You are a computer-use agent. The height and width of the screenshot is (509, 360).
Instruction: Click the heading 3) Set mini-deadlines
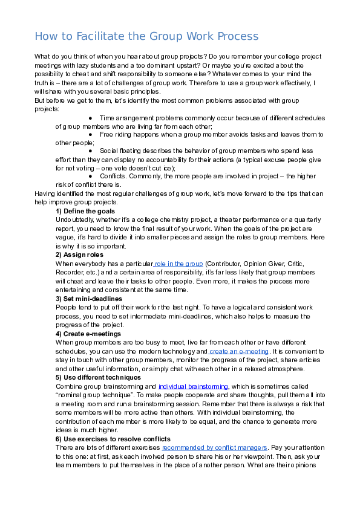[89, 299]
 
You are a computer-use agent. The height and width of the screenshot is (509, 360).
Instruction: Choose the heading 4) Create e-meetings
[88, 334]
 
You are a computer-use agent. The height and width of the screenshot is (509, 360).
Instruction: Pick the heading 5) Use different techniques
[97, 377]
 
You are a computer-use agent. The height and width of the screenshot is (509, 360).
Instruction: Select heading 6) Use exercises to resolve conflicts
[113, 438]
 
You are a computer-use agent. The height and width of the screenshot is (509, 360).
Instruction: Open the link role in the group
[180, 264]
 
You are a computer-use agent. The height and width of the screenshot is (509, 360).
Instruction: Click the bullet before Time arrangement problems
[90, 118]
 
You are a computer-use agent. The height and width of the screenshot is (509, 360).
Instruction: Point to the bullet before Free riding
[90, 135]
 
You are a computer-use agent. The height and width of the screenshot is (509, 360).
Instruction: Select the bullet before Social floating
[90, 151]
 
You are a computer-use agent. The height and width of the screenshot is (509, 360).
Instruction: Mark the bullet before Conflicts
[90, 176]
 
